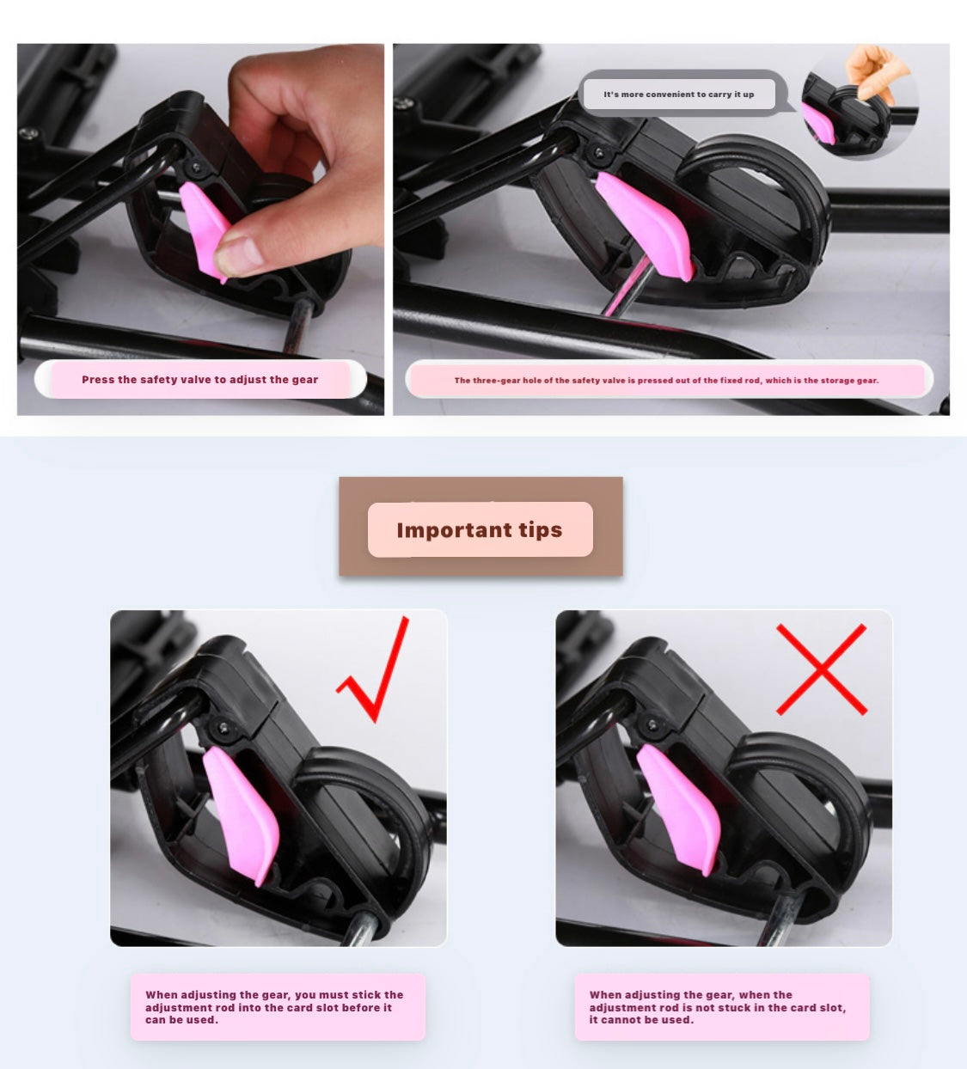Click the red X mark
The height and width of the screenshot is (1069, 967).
click(822, 669)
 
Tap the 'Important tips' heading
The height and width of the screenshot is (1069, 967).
click(480, 529)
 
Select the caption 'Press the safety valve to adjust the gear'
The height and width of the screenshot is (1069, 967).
click(200, 380)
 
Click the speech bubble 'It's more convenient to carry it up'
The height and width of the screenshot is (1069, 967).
click(679, 95)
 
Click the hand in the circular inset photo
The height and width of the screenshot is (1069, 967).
click(874, 72)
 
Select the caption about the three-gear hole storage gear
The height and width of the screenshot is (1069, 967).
click(666, 381)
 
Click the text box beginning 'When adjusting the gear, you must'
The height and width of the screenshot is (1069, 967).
click(278, 1007)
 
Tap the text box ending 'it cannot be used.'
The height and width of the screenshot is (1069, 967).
click(722, 1007)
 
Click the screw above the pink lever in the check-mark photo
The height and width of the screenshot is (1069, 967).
click(223, 727)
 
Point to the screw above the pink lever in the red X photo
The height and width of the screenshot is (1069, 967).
click(653, 725)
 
